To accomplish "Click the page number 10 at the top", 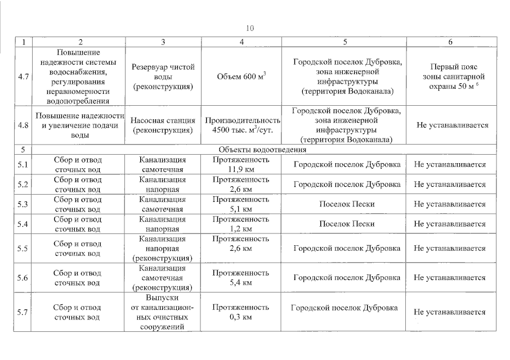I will coord(250,28).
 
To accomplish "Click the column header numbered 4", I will coord(241,42).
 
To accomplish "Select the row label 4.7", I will coord(23,76).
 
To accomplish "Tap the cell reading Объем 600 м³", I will coord(241,76).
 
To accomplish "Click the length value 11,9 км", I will coord(241,169).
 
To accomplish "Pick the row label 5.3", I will coord(23,204).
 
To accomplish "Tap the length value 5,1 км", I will coord(241,209).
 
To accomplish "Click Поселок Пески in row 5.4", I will coord(347,224).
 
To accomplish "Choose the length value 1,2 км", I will coord(241,228).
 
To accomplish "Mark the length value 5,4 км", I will coord(241,282).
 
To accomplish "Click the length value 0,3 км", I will coord(241,317).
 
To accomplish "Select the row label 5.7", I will coord(23,312).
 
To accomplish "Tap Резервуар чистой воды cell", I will coord(163,76).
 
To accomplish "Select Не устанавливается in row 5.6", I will coord(450,278).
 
